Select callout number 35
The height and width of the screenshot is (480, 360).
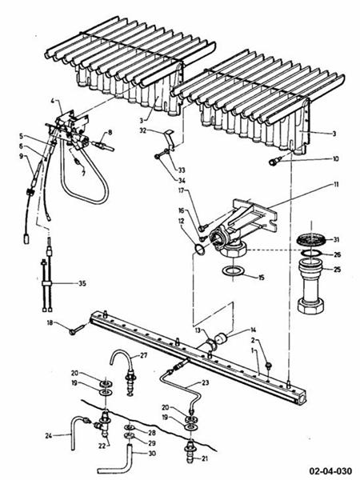(82, 283)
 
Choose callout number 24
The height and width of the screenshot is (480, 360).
(49, 436)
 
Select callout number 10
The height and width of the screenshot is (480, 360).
(337, 160)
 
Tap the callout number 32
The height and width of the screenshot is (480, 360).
(142, 130)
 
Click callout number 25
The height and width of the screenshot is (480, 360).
(337, 269)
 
